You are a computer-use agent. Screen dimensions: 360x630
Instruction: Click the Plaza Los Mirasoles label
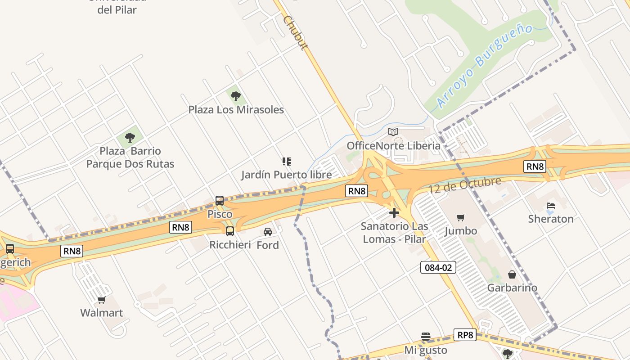pos(236,110)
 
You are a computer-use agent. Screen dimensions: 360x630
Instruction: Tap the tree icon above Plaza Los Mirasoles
pos(235,96)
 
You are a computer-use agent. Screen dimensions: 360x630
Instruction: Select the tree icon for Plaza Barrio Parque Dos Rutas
pos(130,137)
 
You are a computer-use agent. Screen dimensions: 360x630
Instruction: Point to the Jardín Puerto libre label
pos(286,175)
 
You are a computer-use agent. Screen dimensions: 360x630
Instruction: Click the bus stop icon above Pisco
pos(220,201)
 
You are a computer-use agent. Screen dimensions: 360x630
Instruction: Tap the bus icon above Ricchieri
pos(229,231)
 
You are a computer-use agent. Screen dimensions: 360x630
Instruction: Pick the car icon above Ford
pos(268,232)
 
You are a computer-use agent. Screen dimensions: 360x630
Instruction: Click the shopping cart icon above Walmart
pos(101,300)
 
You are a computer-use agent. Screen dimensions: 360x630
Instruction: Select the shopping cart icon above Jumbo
pos(460,218)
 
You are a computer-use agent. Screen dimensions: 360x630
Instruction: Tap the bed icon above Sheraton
pos(550,206)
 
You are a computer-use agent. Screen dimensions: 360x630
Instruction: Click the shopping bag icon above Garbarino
pos(512,274)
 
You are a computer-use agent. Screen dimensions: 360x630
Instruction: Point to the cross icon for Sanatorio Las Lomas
pos(394,213)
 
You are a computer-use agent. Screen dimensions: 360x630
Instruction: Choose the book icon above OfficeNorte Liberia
pos(393,132)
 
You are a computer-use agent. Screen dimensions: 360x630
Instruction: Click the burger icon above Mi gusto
pos(426,337)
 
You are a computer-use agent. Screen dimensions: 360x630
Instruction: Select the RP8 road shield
pos(465,335)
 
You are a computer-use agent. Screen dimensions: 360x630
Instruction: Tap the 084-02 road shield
pos(438,267)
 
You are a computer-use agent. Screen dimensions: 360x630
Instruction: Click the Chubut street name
pos(295,33)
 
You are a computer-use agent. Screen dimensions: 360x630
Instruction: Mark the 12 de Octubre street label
pos(464,185)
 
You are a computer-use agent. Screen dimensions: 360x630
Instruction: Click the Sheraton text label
pos(551,219)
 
